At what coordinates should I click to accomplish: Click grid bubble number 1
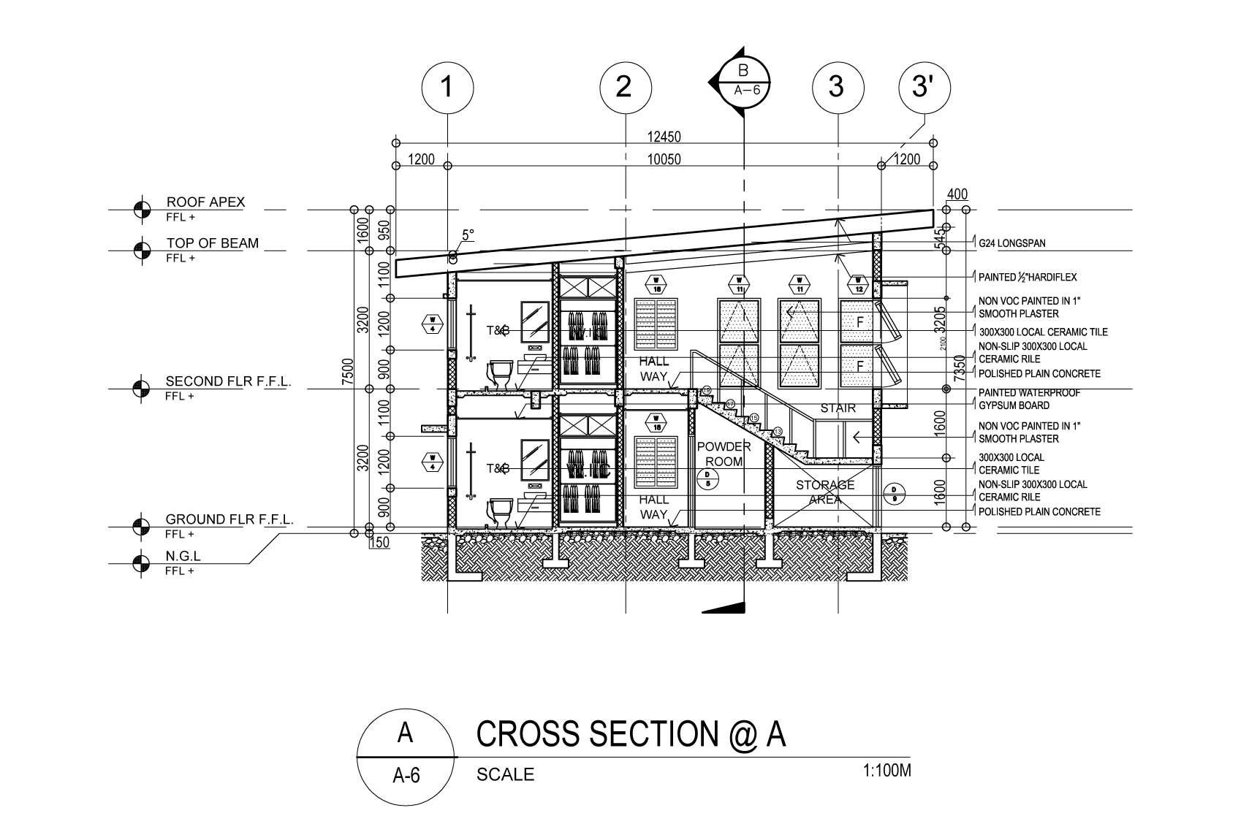447,88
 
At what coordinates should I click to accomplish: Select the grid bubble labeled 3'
924,88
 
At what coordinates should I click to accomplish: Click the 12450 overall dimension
664,137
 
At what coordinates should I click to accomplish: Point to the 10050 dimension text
664,159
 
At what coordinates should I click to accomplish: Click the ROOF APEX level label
205,202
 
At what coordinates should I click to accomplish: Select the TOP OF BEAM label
212,243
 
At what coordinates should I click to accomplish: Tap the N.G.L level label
183,557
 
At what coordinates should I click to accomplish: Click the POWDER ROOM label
724,454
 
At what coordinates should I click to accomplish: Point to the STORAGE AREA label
824,492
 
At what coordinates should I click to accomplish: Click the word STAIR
838,408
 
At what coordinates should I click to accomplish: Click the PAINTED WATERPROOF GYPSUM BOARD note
1029,399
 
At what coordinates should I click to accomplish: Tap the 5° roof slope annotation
468,235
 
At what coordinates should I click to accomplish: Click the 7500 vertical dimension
349,370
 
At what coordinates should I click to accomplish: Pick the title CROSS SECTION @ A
630,734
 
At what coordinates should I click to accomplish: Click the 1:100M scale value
887,771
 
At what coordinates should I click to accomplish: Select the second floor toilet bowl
501,373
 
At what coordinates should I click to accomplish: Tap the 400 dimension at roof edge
957,194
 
